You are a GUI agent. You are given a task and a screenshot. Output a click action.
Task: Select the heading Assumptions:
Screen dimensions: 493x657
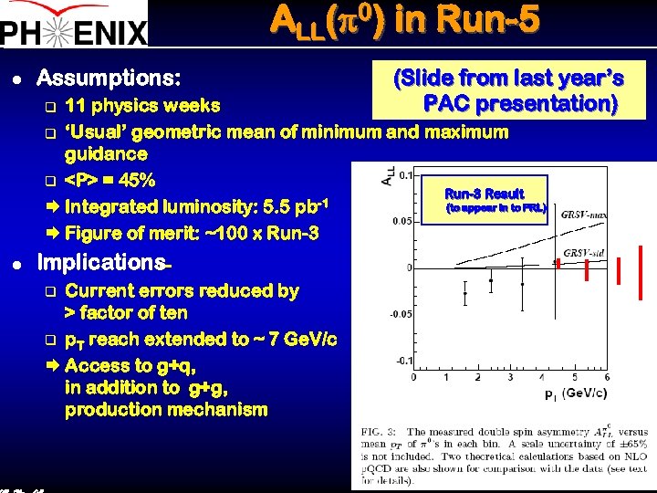tap(109, 77)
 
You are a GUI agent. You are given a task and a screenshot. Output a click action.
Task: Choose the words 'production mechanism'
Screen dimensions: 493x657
tap(166, 409)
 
